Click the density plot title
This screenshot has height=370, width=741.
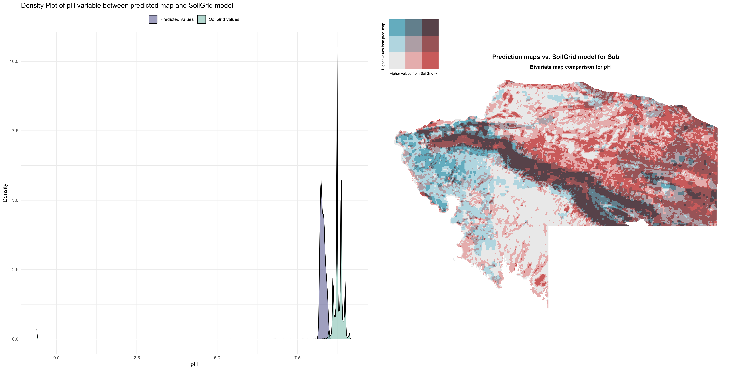point(127,5)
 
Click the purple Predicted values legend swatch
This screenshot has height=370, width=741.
point(153,19)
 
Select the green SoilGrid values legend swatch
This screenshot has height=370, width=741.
point(202,19)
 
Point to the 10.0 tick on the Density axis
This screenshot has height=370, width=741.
point(14,61)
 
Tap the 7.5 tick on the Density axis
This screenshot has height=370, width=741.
point(15,131)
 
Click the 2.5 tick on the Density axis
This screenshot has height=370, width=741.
point(15,269)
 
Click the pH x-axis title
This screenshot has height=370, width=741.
point(194,364)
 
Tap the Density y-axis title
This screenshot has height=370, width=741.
point(5,193)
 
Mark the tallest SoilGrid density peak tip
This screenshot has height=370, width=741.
point(337,47)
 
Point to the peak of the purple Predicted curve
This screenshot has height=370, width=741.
point(321,180)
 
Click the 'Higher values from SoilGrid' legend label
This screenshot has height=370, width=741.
point(413,74)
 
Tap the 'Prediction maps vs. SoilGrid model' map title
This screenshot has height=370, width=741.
point(556,57)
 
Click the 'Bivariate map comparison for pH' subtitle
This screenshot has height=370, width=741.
point(570,67)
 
